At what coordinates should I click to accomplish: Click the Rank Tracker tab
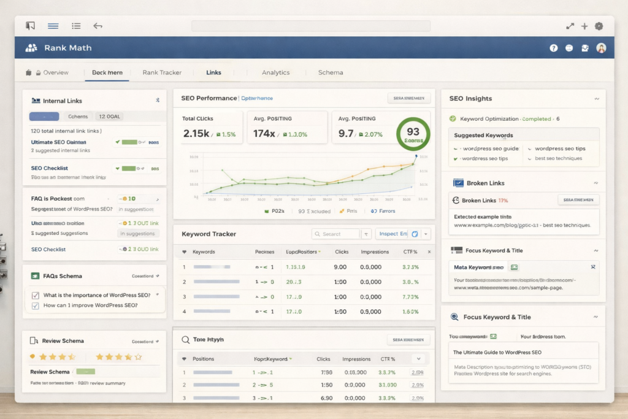(162, 72)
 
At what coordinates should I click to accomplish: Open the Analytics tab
(275, 72)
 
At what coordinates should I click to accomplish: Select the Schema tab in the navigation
(331, 72)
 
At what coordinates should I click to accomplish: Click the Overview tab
(55, 72)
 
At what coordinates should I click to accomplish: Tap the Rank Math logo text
(67, 47)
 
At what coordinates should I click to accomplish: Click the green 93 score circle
(413, 133)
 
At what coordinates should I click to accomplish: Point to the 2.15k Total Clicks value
(196, 133)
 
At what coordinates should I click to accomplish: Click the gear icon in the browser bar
(599, 26)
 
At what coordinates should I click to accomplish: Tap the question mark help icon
(554, 48)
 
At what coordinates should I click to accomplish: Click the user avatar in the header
(601, 48)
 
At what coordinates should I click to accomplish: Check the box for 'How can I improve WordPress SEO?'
(36, 306)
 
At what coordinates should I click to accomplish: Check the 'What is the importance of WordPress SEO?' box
(36, 295)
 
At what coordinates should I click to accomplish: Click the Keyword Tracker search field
(336, 234)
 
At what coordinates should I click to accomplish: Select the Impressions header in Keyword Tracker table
(375, 252)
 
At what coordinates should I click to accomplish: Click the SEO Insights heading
(470, 98)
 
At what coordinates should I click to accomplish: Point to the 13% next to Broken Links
(503, 200)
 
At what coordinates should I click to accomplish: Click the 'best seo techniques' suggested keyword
(558, 158)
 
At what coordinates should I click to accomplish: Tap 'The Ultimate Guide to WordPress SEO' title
(497, 352)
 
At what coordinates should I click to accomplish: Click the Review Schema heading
(63, 340)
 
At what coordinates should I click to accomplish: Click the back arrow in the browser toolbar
(98, 26)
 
